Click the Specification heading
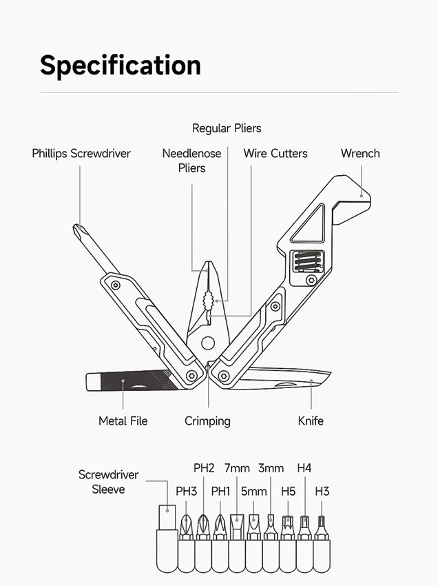tap(121, 65)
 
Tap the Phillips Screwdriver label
tap(81, 154)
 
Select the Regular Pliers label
tap(227, 128)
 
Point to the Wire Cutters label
tap(275, 153)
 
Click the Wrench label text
tap(360, 153)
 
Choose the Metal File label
tap(123, 421)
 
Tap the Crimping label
tap(207, 421)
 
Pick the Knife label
tap(311, 421)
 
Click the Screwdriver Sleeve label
tap(108, 482)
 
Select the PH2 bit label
tap(204, 468)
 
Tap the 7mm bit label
tap(237, 468)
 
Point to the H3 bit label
tap(322, 491)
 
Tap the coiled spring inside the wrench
tap(306, 260)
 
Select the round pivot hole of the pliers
tap(208, 343)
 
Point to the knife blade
tap(284, 378)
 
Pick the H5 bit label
tap(289, 491)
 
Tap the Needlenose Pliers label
tap(191, 161)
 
